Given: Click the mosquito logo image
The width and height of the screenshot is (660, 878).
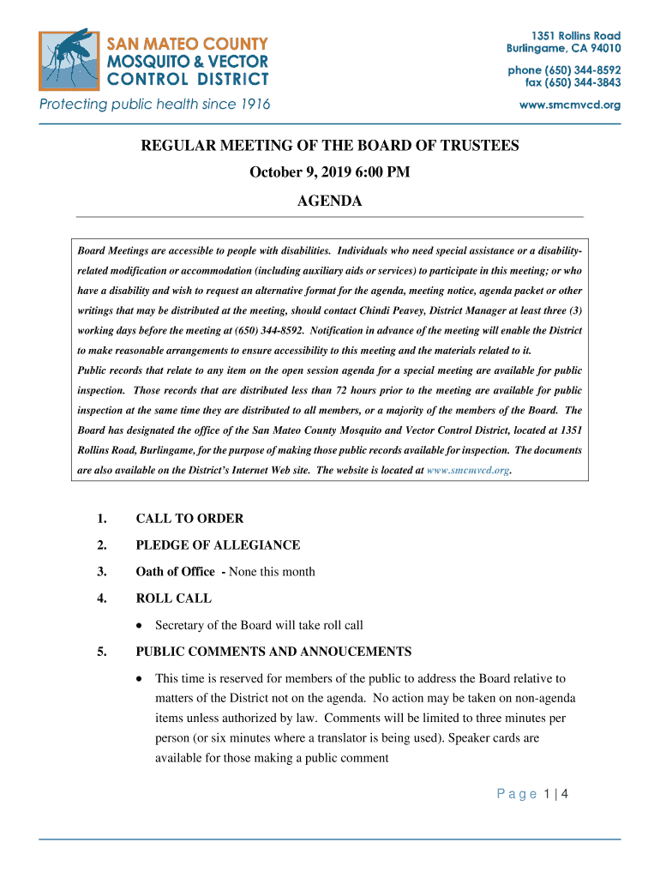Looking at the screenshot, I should tap(69, 59).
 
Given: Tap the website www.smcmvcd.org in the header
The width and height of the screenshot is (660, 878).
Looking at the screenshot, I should tap(571, 105).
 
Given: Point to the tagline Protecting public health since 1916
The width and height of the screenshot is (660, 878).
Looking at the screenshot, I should tap(154, 105).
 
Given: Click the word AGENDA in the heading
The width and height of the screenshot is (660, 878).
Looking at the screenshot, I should tap(329, 201).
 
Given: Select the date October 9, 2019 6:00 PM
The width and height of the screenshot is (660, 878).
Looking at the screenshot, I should tap(329, 173).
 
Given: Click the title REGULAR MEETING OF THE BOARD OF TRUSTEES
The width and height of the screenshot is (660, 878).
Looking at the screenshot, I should tap(329, 146).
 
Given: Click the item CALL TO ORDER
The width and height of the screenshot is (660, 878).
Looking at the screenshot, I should tap(189, 519).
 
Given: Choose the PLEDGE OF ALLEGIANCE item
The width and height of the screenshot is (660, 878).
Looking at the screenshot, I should tap(218, 545).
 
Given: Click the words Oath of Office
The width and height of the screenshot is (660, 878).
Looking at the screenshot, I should tap(175, 572).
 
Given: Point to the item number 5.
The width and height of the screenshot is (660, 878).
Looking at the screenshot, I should tap(101, 652).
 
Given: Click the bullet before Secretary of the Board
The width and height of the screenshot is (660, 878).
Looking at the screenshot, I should tap(140, 626).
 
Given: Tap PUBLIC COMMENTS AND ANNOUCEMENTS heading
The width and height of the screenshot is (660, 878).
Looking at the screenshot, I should tap(273, 652).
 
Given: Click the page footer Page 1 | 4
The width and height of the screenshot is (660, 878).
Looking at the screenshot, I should tap(533, 795).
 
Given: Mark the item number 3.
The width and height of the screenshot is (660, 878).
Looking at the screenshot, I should tap(101, 572).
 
